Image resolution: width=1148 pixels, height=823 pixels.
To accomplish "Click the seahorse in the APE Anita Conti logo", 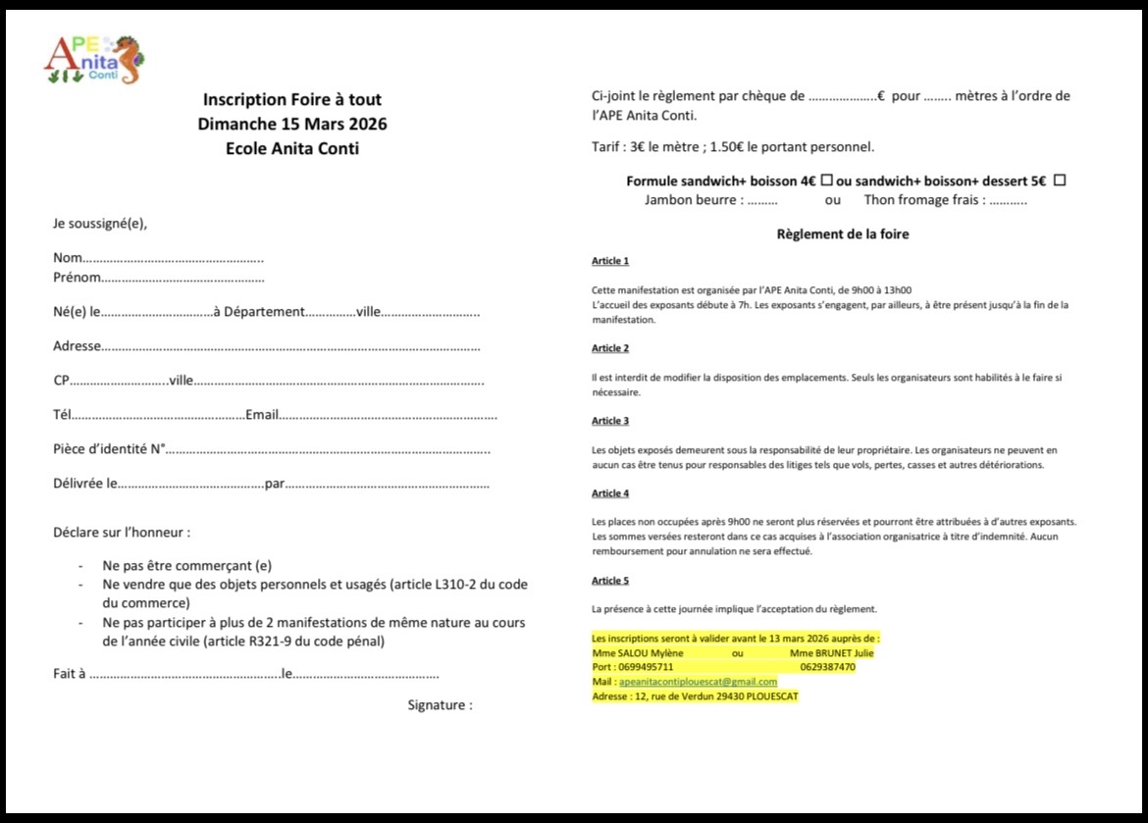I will coord(128,60).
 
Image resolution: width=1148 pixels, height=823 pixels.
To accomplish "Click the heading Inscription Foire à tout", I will coord(292,99).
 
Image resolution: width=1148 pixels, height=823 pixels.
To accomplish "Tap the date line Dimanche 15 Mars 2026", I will coord(292,124).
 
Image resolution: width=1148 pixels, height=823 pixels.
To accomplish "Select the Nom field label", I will coord(68,258).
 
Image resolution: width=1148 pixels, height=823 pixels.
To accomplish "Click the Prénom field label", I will coord(77,278).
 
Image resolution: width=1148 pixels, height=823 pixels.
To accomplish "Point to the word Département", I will coord(264,312).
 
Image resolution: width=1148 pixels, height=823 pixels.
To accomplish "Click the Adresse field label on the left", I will coord(77,346).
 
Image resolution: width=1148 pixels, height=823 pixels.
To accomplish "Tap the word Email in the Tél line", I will coord(262,415).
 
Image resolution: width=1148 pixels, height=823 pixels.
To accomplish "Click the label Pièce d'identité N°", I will coord(108,449).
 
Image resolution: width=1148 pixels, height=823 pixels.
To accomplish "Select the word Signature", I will coord(440,704).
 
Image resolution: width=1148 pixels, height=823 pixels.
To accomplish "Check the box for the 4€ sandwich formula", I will coord(827,180).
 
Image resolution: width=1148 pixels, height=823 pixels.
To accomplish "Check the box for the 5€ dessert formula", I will coord(1059,180).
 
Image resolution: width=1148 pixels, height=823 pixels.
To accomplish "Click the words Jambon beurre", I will coord(693,200).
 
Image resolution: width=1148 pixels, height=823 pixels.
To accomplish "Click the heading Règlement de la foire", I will coord(843,234).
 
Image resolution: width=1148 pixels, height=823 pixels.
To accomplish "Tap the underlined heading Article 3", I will coord(610,421).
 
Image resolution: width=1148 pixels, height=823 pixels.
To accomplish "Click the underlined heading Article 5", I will coord(610,581).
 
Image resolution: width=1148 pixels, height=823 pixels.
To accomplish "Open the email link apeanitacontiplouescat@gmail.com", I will coord(698,682).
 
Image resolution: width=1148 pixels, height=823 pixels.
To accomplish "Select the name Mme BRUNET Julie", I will coord(832,652).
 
